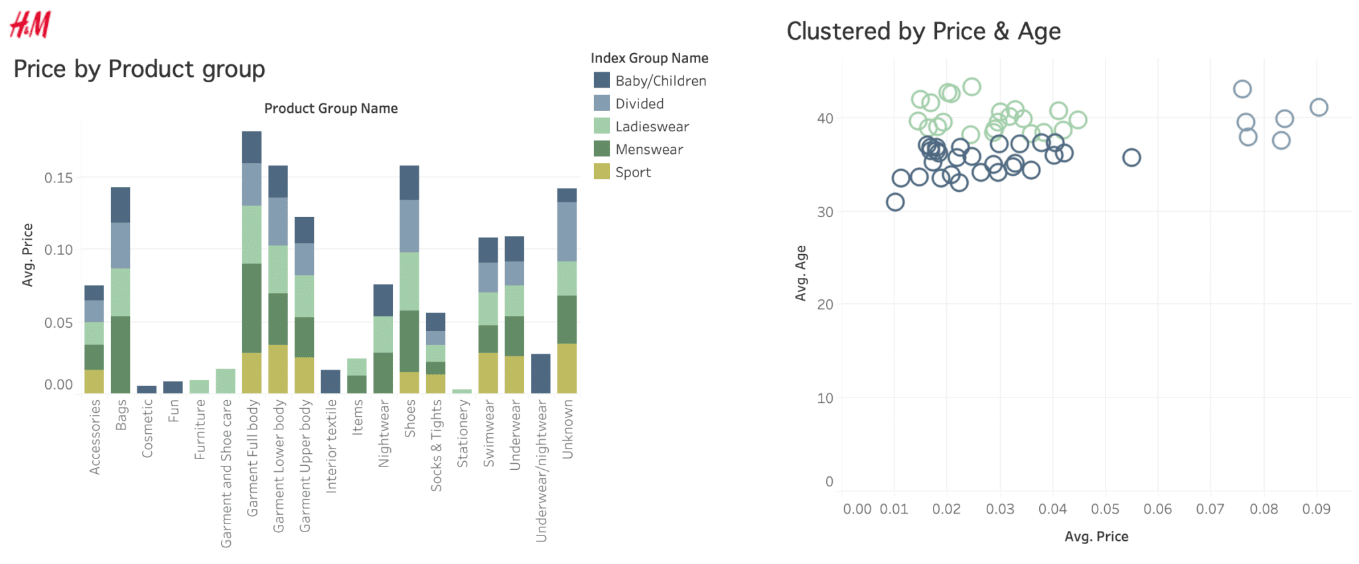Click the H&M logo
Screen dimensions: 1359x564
point(31,25)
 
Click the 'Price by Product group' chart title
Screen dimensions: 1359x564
point(139,69)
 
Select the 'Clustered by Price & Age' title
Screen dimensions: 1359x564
point(924,31)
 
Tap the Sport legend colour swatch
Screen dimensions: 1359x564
point(602,172)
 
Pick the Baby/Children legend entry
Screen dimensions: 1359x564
point(650,81)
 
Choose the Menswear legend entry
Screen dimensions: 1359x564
point(638,149)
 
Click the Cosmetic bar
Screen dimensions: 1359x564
point(147,389)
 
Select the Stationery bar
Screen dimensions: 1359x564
point(462,391)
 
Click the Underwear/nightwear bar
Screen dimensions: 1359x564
point(541,374)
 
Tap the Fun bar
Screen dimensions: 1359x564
point(173,388)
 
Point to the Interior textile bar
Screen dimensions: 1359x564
point(330,382)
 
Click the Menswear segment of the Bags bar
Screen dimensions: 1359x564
point(120,355)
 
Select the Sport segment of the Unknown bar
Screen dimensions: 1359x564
point(567,368)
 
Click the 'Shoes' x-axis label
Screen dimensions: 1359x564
point(410,418)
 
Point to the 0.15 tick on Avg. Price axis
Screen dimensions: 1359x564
point(58,178)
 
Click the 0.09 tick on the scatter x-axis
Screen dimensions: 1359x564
point(1317,509)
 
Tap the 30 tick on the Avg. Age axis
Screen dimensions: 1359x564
point(825,212)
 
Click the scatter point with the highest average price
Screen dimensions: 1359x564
point(1319,107)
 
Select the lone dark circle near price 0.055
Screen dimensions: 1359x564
point(1131,158)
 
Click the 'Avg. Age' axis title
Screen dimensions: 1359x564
point(801,273)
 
